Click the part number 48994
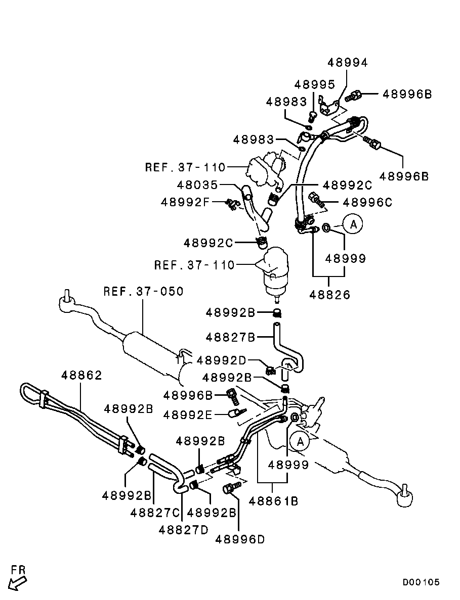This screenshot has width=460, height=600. (347, 63)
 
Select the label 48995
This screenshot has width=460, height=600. (315, 84)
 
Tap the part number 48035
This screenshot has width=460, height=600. (197, 185)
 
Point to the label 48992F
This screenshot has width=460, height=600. (185, 202)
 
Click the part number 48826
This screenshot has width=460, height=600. (330, 295)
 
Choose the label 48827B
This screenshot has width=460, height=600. (231, 337)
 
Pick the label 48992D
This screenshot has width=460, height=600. (221, 360)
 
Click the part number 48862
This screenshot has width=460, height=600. (81, 376)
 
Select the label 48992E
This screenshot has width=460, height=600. (188, 414)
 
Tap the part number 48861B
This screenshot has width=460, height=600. (273, 500)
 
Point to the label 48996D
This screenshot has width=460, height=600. (240, 539)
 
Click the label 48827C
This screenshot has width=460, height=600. (155, 513)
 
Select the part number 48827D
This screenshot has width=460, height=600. (184, 530)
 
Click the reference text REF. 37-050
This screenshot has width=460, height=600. (144, 291)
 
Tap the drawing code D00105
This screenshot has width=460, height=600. (421, 582)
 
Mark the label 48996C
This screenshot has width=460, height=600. (367, 202)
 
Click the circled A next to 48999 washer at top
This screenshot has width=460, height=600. (353, 224)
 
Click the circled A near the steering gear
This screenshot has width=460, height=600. (300, 442)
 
